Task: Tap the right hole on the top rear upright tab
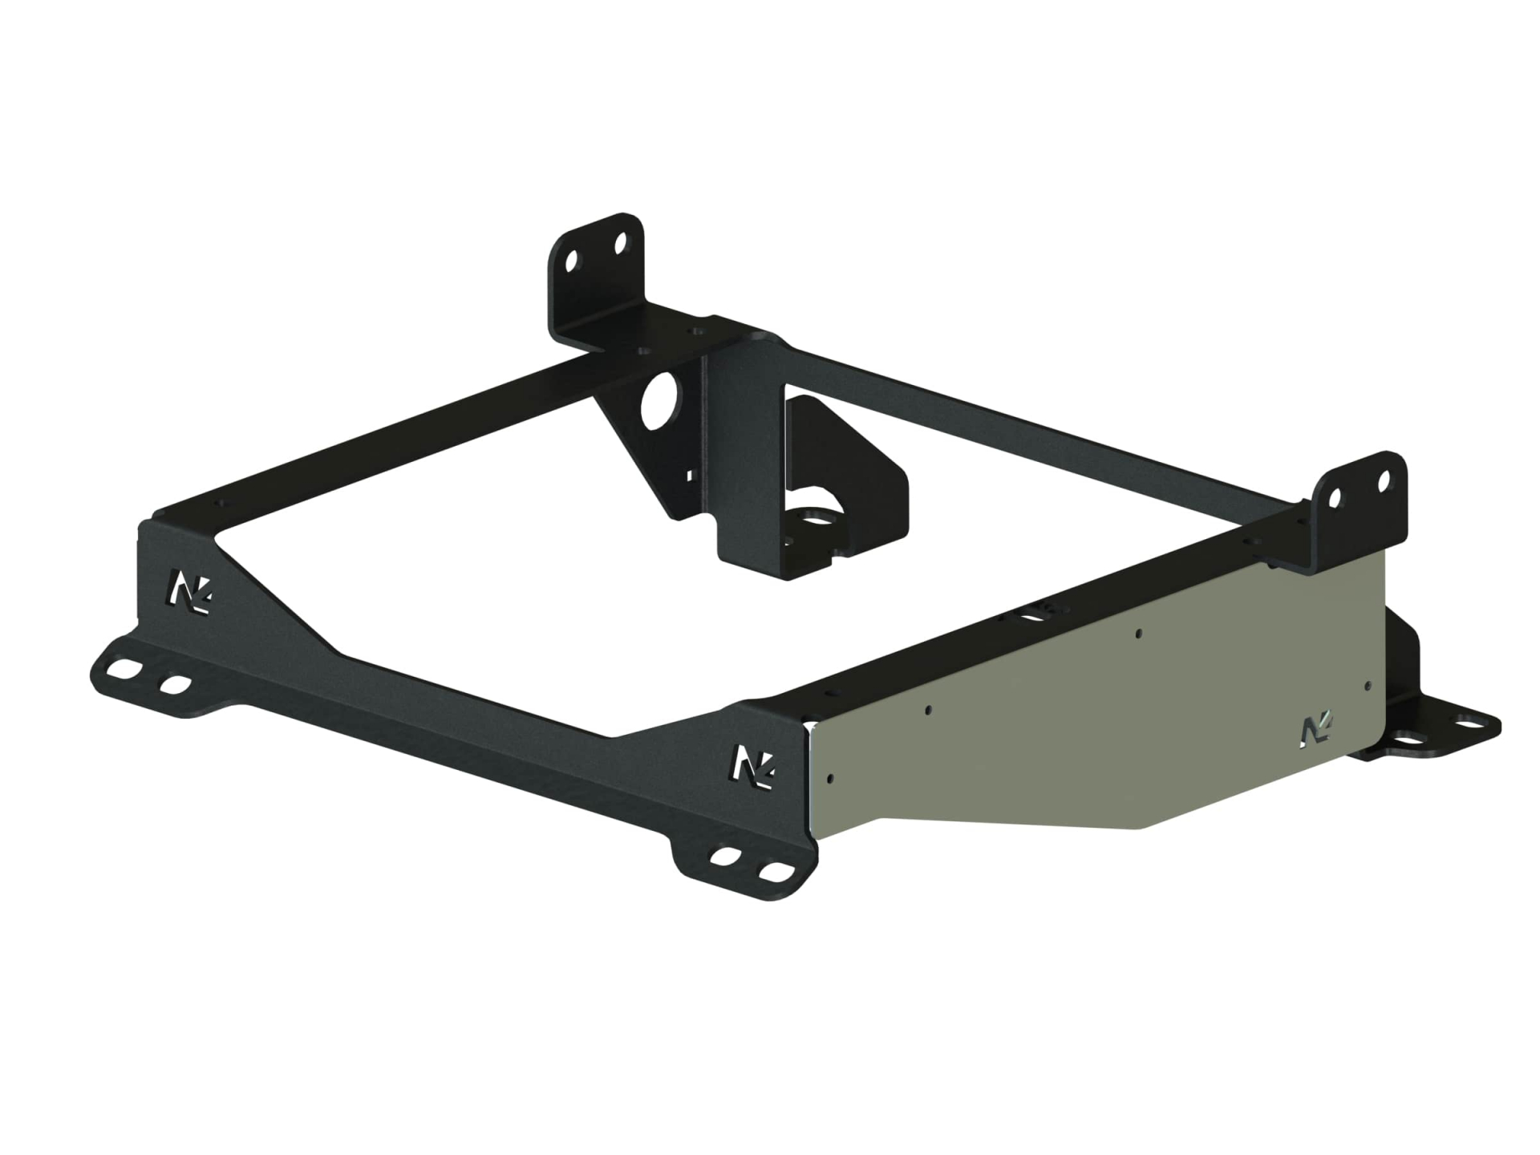620,242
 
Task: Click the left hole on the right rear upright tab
1334,499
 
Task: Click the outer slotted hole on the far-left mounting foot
125,668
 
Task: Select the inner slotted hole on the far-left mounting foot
175,687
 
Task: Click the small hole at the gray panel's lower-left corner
829,777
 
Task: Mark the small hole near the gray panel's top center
1139,634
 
